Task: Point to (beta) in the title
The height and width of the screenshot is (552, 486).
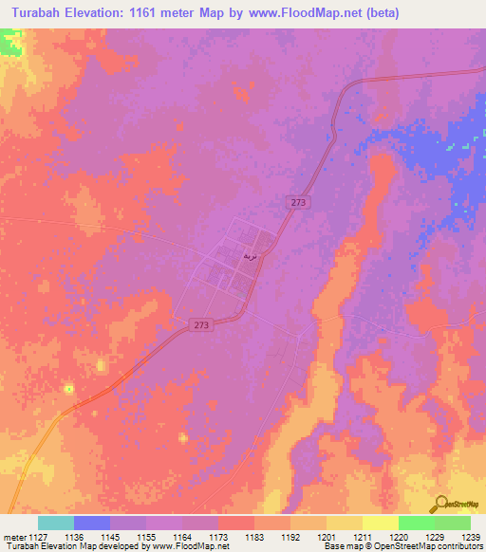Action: click(380, 13)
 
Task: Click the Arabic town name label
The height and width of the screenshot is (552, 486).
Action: click(250, 256)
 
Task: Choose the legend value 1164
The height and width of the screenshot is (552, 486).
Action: click(182, 536)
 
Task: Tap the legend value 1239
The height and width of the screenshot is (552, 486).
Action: click(470, 536)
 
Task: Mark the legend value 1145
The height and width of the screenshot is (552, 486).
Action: click(110, 536)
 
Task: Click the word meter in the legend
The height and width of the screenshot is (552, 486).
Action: click(16, 536)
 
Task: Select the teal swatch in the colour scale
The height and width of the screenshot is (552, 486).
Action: click(55, 523)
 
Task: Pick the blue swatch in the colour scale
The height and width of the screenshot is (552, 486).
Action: click(91, 523)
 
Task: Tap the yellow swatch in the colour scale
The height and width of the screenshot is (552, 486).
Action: click(380, 523)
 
